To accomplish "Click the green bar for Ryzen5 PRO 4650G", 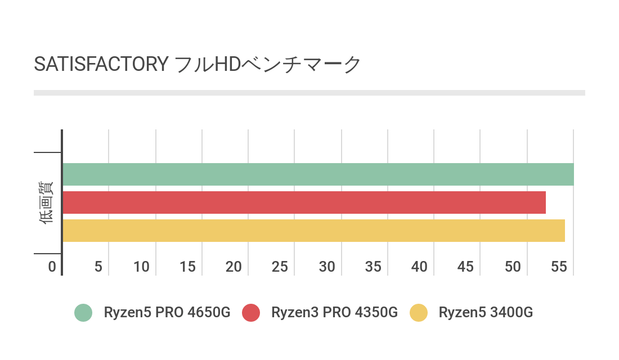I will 318,174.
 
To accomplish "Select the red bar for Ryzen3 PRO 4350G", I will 304,202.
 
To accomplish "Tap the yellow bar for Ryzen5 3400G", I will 313,231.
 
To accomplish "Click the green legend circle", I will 83,313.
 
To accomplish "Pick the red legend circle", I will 251,313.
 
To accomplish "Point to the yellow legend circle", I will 419,313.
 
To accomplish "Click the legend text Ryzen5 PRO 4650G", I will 167,313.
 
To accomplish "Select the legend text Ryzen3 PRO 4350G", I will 334,313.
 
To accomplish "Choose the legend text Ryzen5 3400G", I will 486,313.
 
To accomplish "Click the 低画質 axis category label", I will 47,202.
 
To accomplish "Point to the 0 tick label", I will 52,267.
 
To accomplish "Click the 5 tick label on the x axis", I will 98,267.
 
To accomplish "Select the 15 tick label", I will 188,267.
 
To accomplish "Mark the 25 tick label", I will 280,267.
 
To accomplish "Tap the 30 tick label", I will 327,267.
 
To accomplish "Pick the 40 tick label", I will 419,267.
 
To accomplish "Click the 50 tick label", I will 512,267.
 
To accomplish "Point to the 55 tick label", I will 559,267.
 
